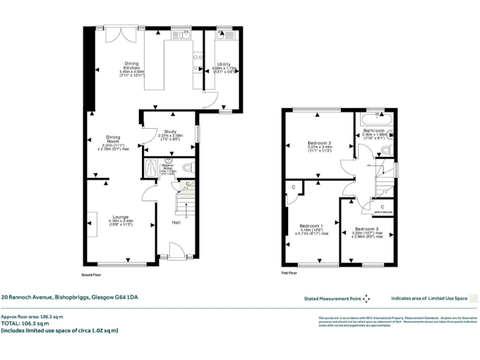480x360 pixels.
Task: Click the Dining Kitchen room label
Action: coord(131,66)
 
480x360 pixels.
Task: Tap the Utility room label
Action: coord(224,64)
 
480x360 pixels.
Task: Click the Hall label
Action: coord(177,221)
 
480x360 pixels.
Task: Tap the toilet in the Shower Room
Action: coord(189,167)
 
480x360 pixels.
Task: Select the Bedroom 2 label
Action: coord(319,143)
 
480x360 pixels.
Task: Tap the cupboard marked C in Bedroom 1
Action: coord(293,187)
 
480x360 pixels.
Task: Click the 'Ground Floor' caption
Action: coord(92,274)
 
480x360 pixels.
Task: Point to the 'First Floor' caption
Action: coord(289,273)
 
